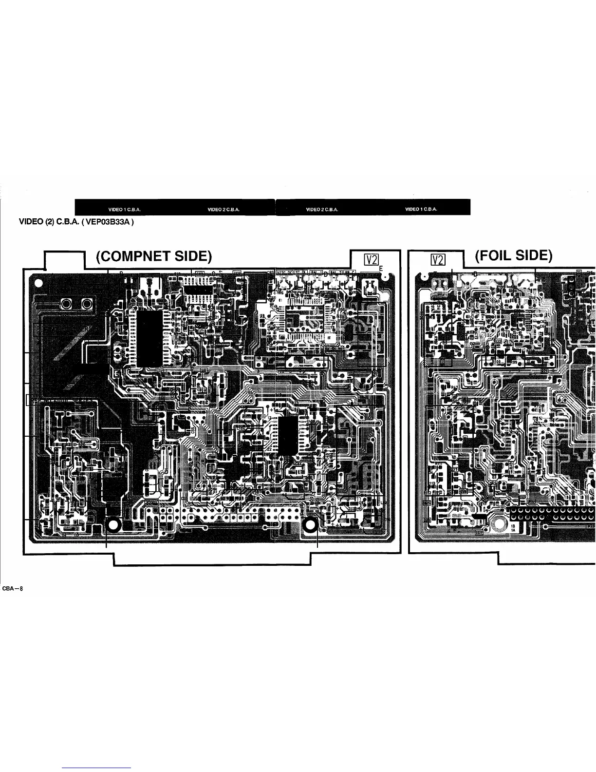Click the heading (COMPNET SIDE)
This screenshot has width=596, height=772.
click(x=153, y=256)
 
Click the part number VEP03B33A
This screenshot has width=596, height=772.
click(x=108, y=222)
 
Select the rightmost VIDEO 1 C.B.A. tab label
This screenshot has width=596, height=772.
click(x=421, y=209)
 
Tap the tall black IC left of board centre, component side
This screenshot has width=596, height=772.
click(x=148, y=338)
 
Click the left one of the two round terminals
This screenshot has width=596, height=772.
click(x=66, y=305)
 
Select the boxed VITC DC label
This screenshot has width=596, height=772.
click(x=284, y=272)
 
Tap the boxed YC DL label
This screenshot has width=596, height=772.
click(x=300, y=272)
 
